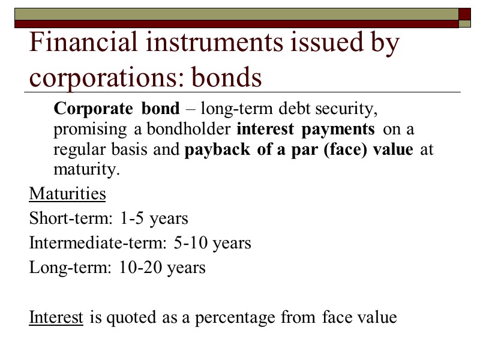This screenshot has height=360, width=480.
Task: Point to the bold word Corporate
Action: (93, 109)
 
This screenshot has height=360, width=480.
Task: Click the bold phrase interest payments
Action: (306, 129)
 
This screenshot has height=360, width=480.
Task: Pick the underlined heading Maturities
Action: (68, 194)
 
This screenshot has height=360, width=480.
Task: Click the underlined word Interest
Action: (56, 317)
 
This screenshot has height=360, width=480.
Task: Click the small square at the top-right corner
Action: (464, 13)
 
